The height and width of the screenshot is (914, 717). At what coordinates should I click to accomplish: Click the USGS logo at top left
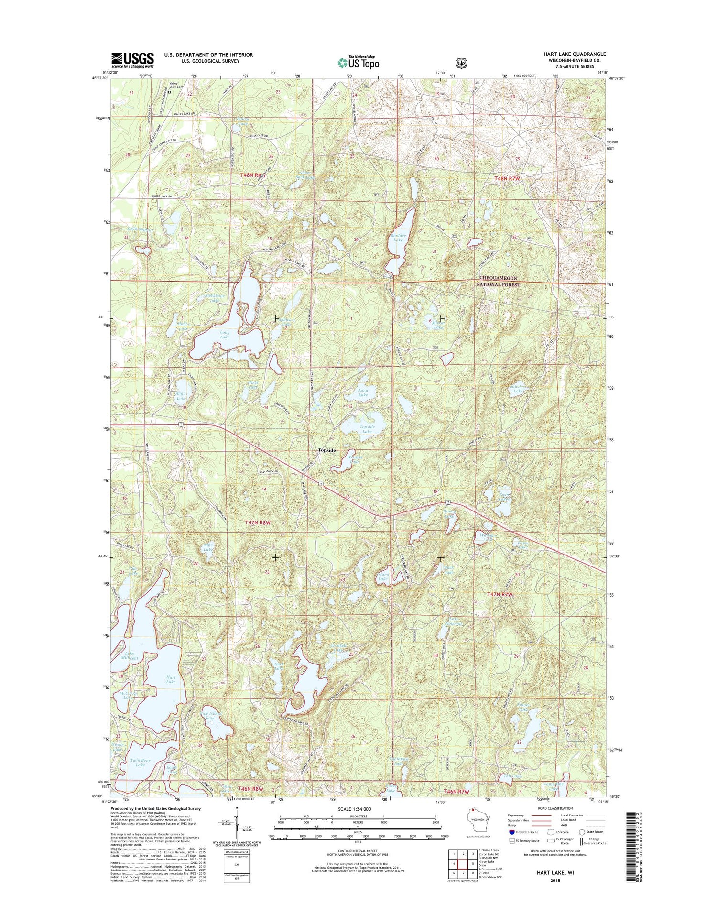coord(132,59)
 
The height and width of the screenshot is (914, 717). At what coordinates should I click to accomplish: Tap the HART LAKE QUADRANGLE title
coord(574,54)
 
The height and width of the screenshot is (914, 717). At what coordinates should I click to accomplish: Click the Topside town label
coord(327,450)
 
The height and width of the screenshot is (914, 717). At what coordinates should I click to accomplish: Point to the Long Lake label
coord(225,335)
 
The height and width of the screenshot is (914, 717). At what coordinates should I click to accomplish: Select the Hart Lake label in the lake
coord(171,679)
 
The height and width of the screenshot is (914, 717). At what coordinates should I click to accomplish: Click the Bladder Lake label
coord(398,238)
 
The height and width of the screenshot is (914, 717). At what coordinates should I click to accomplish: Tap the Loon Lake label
coord(363,392)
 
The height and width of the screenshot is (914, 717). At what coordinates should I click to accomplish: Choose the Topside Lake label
coord(367,429)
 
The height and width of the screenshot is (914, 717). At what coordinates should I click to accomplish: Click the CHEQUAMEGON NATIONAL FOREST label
coord(500,281)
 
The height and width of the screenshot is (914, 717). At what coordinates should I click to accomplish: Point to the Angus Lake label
coord(181,396)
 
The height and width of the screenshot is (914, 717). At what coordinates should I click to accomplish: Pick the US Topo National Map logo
coord(358,62)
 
